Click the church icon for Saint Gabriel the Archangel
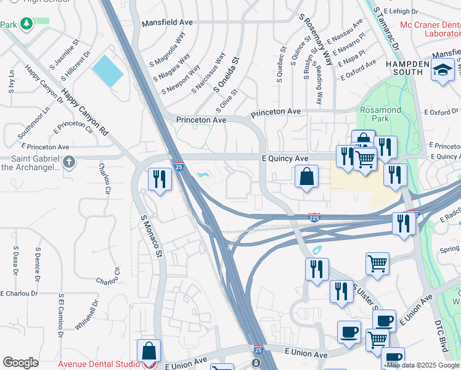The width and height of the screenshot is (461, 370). (x=69, y=163)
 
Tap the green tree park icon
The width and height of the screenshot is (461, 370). (x=27, y=24)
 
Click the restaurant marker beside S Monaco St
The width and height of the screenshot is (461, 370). (x=160, y=179)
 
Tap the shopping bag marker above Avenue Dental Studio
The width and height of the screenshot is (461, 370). (x=149, y=351)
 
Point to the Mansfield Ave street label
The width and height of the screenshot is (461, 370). (x=167, y=22)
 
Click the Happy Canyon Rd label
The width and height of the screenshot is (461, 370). (x=84, y=113)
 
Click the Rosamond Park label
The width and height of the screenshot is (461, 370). (x=380, y=115)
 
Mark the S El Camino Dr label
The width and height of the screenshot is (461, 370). (x=61, y=316)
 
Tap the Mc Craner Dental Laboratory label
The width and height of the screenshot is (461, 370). (x=430, y=29)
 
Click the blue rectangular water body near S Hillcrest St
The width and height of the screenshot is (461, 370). (x=107, y=71)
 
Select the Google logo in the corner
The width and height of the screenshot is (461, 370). (x=20, y=363)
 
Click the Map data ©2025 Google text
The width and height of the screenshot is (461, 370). (x=423, y=365)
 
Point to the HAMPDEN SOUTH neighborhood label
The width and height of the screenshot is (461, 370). (x=407, y=68)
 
